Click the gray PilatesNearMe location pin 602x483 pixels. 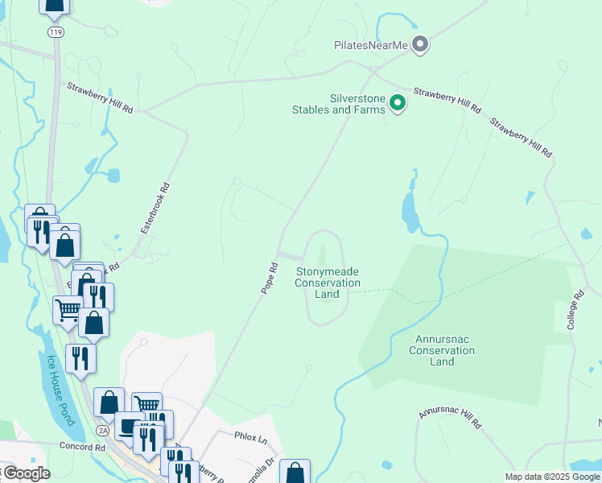tap(419, 44)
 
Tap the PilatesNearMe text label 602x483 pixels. tap(372, 45)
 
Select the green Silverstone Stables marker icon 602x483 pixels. tap(397, 102)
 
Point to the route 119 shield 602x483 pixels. tap(55, 32)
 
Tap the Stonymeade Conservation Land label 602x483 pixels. tap(327, 283)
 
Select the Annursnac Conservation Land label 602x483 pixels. tap(442, 350)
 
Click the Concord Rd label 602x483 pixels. tap(82, 447)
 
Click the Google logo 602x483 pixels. tap(26, 473)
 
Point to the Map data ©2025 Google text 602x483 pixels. tap(552, 477)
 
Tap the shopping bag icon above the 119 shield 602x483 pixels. tap(54, 6)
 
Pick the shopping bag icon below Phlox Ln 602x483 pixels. tap(295, 473)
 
